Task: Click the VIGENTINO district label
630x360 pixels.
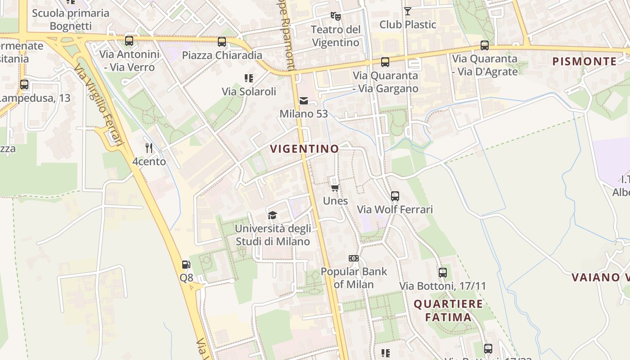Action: (304, 149)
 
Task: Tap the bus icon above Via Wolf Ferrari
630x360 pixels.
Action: (395, 196)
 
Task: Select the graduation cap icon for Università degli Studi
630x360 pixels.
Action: (272, 215)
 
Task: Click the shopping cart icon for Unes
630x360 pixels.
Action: (335, 188)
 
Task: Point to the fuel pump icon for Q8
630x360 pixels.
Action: (186, 265)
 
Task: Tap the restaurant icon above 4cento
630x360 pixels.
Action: (149, 148)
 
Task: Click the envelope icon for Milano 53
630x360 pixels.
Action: (304, 100)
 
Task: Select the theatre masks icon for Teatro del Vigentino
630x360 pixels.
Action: (335, 16)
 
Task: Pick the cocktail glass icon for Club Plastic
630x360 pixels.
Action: (408, 11)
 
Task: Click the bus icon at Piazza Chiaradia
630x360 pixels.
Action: (222, 42)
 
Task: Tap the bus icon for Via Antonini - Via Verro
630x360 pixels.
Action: (129, 41)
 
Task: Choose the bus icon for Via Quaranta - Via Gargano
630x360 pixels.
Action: (385, 62)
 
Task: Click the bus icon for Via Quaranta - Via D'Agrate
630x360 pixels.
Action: (485, 45)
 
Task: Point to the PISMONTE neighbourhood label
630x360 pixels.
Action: (584, 62)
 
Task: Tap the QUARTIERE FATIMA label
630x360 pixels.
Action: (448, 310)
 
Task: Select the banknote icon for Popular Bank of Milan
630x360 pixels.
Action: (354, 258)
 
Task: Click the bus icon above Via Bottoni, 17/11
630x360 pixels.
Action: (443, 273)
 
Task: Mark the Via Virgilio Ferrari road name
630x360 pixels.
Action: (99, 105)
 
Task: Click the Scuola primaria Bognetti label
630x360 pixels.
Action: (71, 19)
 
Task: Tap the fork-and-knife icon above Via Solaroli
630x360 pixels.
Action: (248, 78)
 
